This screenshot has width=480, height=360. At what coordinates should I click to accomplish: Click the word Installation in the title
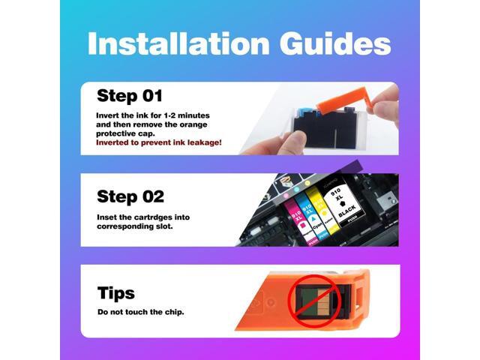[178, 43]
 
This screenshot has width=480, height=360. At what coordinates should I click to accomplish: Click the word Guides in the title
[335, 43]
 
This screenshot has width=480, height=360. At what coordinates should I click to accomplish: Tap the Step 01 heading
[130, 96]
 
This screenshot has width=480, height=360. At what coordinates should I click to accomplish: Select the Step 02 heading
[130, 196]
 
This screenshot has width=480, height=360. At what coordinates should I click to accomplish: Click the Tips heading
[116, 292]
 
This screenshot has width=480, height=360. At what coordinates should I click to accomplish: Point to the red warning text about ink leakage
[158, 142]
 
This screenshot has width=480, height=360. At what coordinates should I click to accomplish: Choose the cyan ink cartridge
[310, 217]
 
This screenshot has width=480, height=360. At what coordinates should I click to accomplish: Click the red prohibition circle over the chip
[315, 301]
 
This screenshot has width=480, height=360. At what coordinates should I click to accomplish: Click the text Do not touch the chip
[141, 312]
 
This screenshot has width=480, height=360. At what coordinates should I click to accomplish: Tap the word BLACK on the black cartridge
[347, 211]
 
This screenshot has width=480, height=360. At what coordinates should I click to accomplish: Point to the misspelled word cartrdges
[153, 217]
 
